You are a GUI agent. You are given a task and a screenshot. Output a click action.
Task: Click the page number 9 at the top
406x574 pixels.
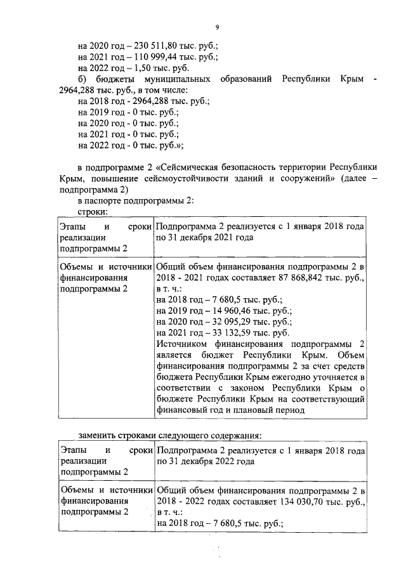coord(217,27)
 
